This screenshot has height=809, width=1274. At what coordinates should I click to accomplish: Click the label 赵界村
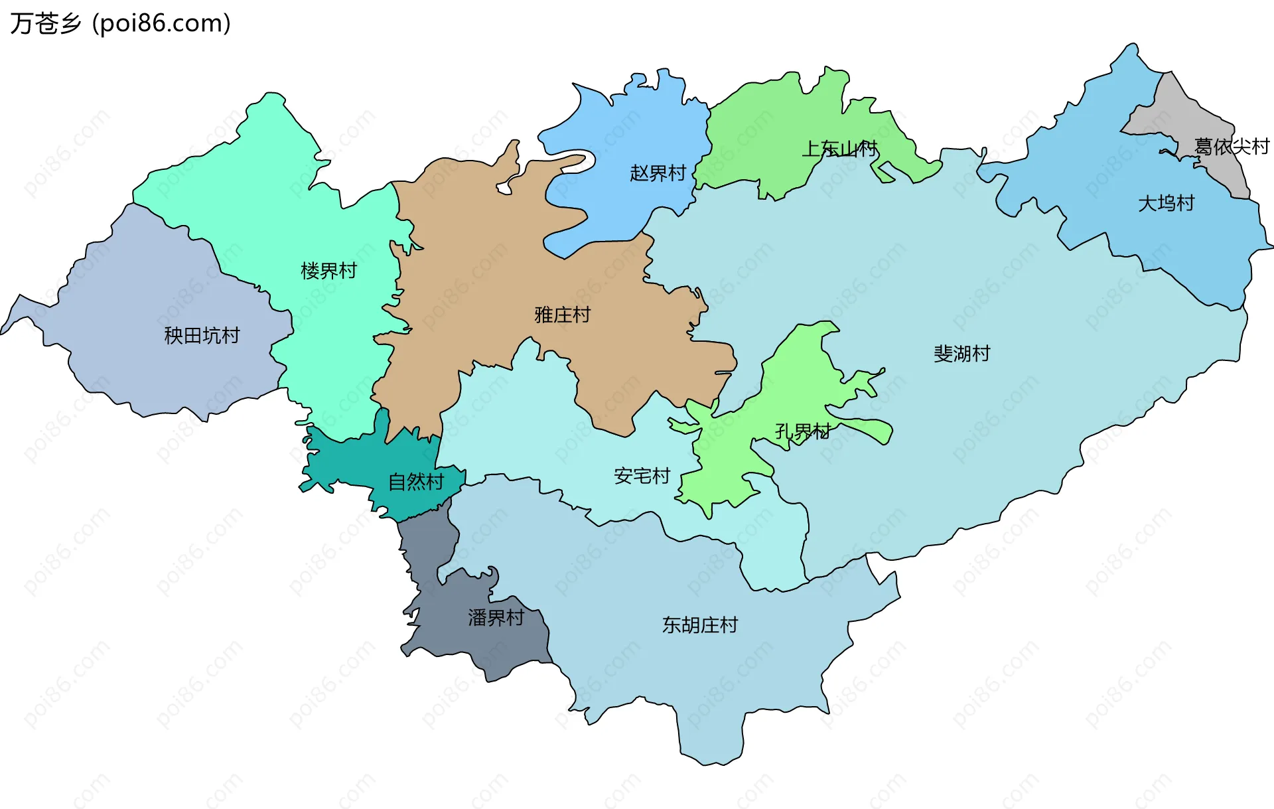pyautogui.click(x=658, y=173)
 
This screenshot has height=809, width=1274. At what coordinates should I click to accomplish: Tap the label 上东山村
pyautogui.click(x=839, y=149)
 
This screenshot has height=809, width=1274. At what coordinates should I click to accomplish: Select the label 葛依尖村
pyautogui.click(x=1232, y=146)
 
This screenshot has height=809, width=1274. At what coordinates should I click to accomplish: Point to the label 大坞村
pyautogui.click(x=1166, y=203)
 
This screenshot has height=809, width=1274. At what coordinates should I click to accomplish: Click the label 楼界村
pyautogui.click(x=328, y=271)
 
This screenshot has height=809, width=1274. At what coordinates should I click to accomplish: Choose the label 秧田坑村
pyautogui.click(x=202, y=335)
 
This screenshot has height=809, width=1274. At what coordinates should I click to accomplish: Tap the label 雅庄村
pyautogui.click(x=563, y=315)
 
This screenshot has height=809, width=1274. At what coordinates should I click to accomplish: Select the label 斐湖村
pyautogui.click(x=961, y=353)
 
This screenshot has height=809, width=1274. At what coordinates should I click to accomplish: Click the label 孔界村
pyautogui.click(x=803, y=432)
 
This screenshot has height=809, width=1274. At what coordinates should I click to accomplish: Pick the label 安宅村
pyautogui.click(x=642, y=476)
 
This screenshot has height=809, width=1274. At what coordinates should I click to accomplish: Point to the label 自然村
pyautogui.click(x=416, y=482)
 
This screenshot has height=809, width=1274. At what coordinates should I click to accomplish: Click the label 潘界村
pyautogui.click(x=496, y=618)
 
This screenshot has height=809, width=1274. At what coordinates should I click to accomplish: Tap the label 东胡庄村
pyautogui.click(x=699, y=625)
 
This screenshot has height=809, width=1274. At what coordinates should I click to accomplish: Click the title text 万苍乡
pyautogui.click(x=45, y=24)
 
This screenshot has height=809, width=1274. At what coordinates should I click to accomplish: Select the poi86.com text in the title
pyautogui.click(x=161, y=24)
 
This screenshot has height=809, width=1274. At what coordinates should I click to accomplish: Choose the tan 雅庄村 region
pyautogui.click(x=478, y=265)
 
